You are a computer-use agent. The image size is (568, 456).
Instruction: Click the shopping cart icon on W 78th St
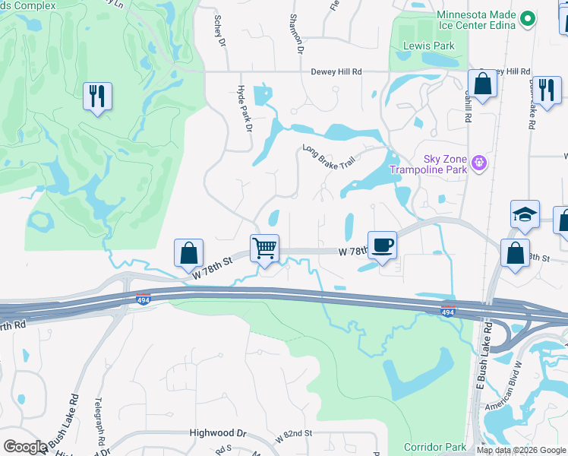[264, 248]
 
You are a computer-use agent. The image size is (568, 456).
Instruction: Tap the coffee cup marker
[382, 245]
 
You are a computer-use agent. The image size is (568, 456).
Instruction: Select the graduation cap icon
[525, 215]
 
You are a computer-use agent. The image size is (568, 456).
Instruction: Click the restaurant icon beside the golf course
[98, 96]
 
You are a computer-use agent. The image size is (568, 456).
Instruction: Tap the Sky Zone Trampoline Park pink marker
[478, 163]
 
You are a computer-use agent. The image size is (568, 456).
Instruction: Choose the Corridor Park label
[434, 447]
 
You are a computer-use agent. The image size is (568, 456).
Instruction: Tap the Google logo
[25, 447]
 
